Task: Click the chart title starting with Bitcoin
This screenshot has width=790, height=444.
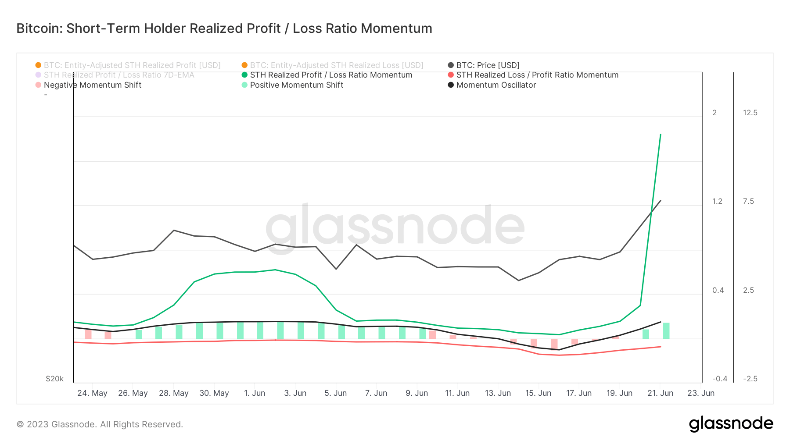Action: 224,28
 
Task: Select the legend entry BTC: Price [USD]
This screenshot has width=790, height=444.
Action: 487,65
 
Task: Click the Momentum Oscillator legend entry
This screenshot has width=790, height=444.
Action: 496,85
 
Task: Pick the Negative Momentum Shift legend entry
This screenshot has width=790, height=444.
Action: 92,85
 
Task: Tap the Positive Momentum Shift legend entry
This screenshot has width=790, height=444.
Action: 296,85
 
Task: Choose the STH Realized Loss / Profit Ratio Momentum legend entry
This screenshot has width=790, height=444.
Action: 537,75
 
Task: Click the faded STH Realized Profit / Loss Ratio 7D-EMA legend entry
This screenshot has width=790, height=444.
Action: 118,75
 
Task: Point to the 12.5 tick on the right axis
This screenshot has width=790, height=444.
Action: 750,113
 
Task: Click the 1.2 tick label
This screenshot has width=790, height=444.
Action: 717,201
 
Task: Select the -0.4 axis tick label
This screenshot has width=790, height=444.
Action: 720,379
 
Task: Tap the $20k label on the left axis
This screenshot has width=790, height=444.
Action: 54,379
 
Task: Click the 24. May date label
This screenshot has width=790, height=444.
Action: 92,393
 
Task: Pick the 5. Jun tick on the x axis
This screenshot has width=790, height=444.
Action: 336,393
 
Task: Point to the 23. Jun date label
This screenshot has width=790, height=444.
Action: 700,393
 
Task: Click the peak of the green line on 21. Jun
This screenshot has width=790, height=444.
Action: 661,135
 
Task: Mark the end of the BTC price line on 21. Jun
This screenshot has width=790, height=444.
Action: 661,201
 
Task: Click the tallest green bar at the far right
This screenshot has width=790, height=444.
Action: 666,331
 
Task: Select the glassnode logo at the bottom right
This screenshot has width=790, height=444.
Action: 731,424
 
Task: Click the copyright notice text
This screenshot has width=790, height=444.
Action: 100,424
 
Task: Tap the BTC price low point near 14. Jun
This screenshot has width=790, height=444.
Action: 519,281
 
